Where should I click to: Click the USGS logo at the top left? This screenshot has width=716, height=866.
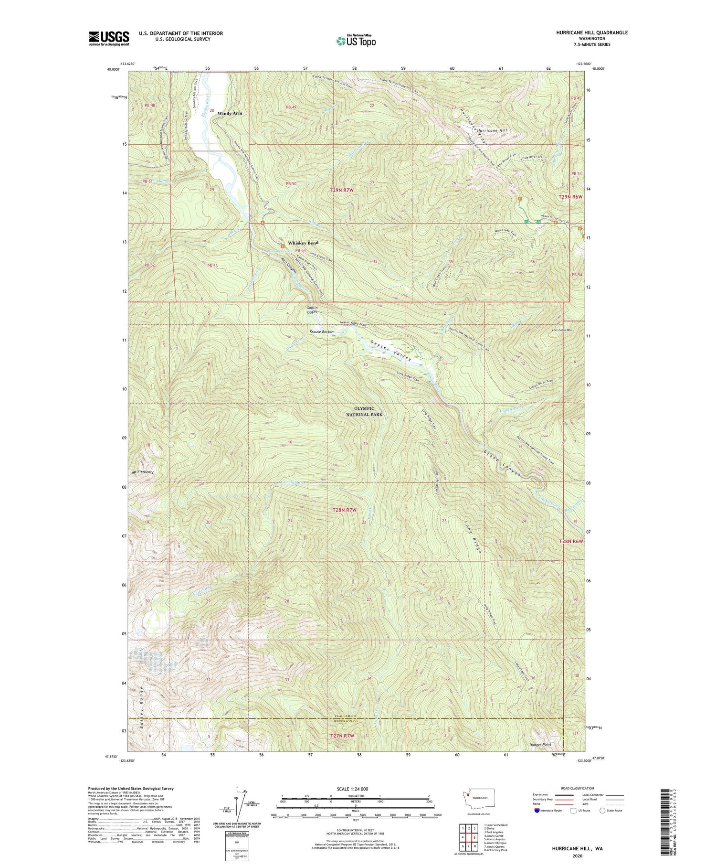point(109,38)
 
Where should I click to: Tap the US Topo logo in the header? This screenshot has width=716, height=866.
point(356,41)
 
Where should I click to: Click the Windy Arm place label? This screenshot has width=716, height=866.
point(230,113)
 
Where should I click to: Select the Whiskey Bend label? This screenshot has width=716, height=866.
point(303,243)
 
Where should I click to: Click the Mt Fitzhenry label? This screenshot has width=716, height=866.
point(142,472)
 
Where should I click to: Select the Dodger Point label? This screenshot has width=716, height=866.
point(540,758)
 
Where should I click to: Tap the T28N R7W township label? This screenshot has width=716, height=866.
point(345,510)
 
